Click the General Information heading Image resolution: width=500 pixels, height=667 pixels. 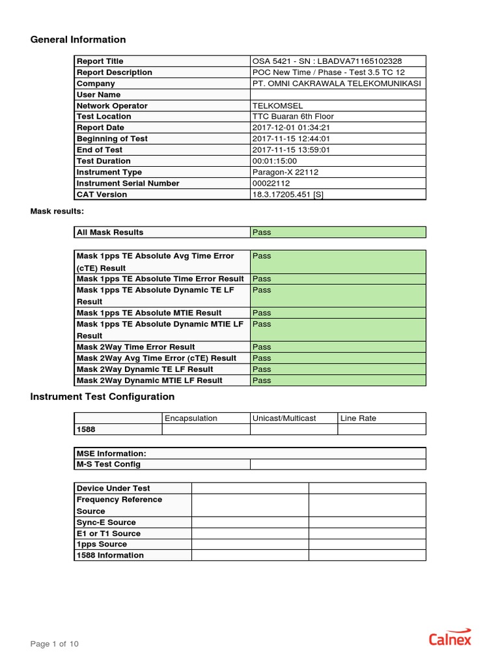click(78, 40)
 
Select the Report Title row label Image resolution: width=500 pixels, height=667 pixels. click(100, 61)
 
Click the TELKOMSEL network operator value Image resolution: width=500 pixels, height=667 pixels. click(277, 106)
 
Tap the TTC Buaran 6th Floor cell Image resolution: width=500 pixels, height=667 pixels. click(292, 117)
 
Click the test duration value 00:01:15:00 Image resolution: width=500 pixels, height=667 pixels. click(274, 161)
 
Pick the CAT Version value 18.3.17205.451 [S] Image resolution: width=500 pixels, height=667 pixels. click(287, 194)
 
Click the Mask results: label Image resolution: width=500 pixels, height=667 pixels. click(57, 212)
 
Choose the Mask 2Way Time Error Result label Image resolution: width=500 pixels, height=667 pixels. click(135, 347)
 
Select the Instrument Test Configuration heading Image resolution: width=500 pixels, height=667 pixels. click(102, 397)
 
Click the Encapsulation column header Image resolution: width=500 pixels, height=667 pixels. click(191, 418)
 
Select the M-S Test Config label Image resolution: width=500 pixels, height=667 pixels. click(108, 464)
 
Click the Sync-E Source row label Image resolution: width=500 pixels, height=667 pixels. click(106, 522)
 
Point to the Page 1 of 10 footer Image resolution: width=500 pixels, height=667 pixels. click(55, 644)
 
